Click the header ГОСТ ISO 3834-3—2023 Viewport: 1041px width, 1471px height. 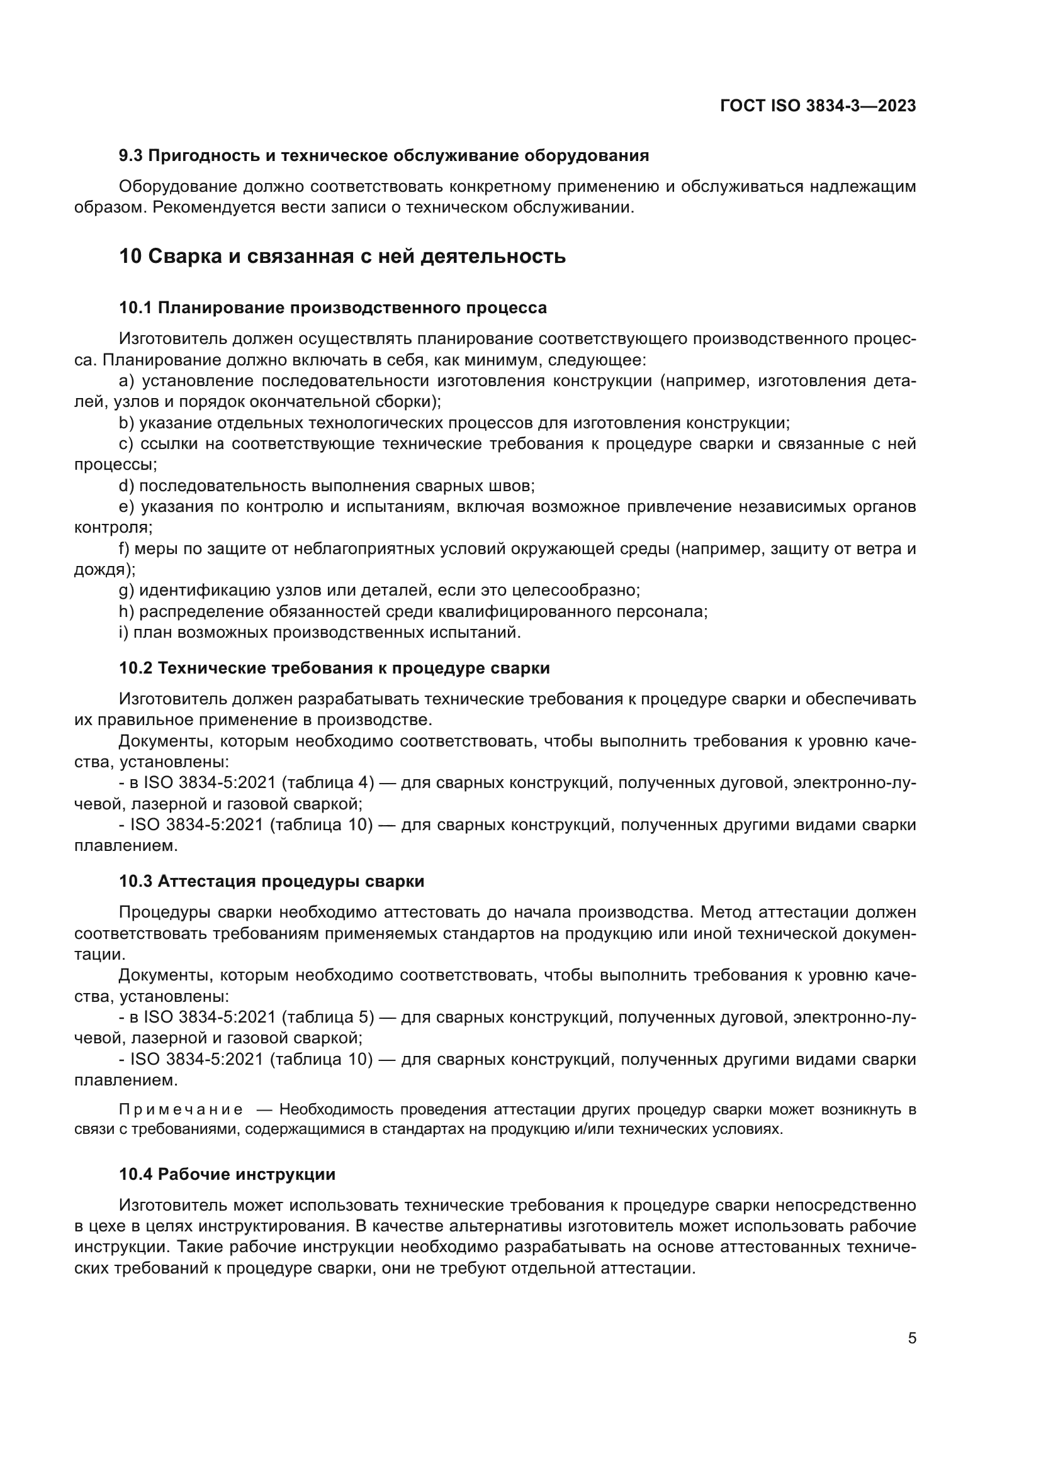click(818, 106)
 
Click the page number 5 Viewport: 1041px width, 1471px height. click(911, 1338)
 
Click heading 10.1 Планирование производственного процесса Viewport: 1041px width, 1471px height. click(333, 308)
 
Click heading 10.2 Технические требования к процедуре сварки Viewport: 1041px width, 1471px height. click(334, 669)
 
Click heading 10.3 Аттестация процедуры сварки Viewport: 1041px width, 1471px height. click(271, 882)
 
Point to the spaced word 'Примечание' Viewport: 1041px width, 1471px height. click(181, 1109)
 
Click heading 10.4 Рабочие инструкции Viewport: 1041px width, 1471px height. click(227, 1174)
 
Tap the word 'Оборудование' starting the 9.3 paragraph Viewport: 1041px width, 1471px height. click(177, 187)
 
